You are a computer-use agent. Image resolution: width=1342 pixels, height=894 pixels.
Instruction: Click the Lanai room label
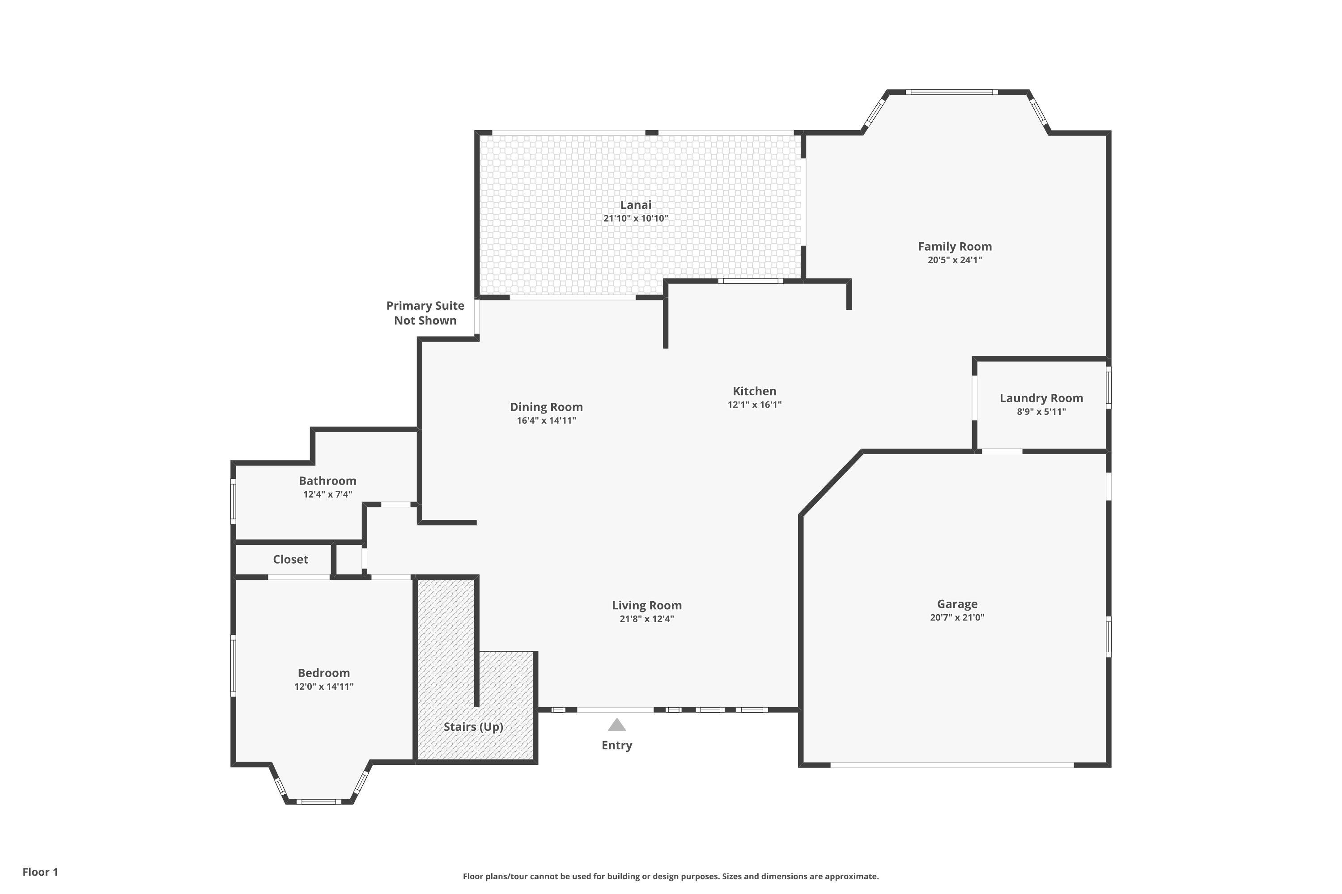(636, 205)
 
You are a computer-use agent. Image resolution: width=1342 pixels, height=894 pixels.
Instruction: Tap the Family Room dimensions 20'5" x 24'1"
(955, 260)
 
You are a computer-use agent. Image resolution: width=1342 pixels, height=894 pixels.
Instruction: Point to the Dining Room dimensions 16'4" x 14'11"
(546, 421)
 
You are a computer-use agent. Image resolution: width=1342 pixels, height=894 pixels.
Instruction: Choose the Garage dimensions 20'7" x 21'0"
(957, 617)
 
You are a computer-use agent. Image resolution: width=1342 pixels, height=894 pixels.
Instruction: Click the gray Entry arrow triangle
(617, 725)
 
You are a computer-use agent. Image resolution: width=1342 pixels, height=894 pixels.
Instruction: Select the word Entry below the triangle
(617, 745)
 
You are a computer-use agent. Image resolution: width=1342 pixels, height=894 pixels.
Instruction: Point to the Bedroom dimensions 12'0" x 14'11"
(323, 687)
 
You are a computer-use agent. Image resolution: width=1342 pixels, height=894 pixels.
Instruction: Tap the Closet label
(290, 559)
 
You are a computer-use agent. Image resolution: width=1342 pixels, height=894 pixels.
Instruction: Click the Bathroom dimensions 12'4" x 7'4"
(327, 494)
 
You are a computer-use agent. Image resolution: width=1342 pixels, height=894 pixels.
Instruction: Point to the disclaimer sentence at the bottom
(671, 876)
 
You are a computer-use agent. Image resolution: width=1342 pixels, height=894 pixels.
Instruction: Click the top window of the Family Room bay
(952, 92)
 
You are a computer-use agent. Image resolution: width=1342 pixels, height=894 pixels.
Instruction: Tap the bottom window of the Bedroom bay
(319, 801)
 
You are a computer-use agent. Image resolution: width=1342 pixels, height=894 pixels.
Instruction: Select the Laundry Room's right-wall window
(1108, 388)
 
